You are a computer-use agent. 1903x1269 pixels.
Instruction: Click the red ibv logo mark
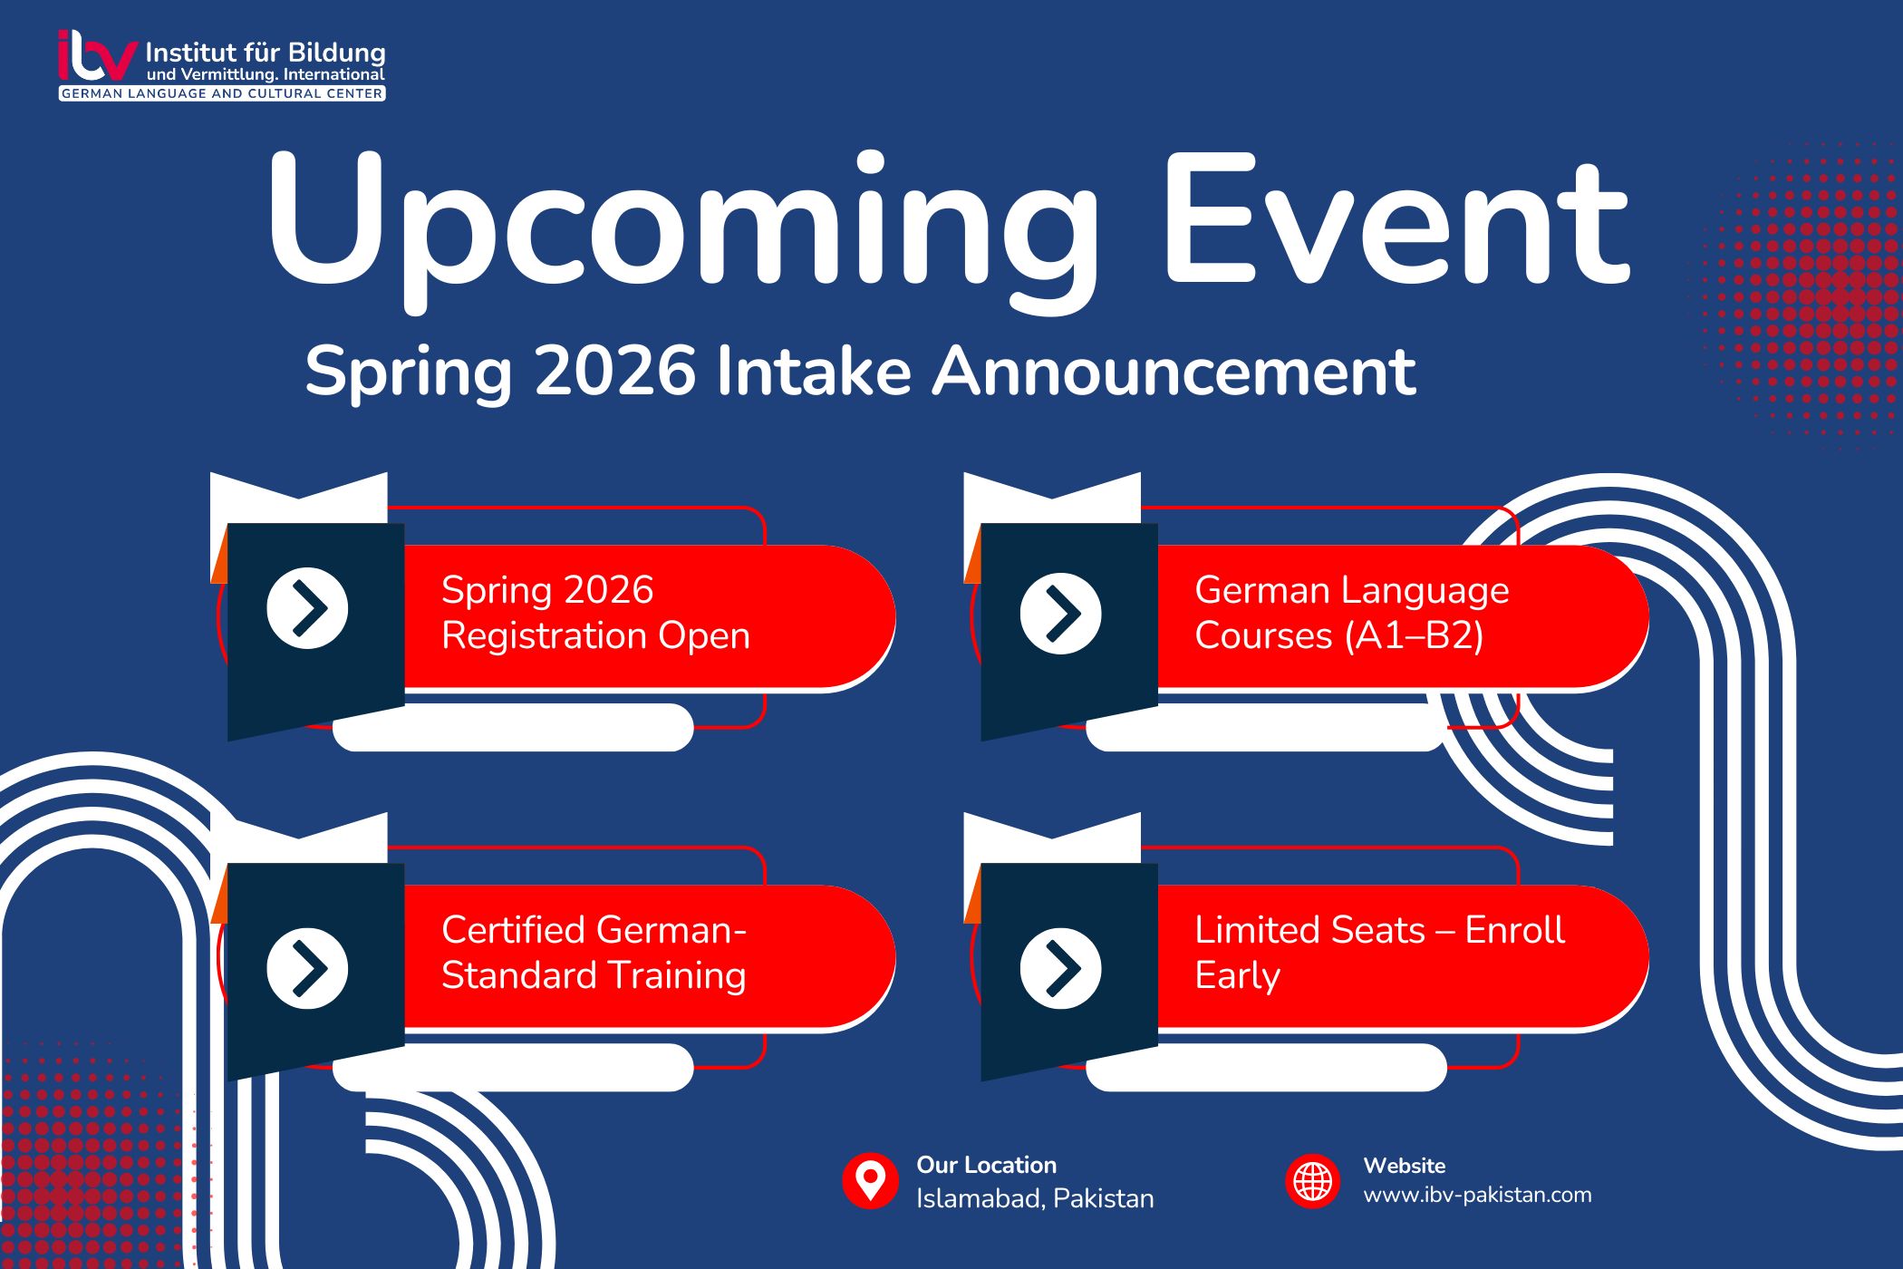(96, 57)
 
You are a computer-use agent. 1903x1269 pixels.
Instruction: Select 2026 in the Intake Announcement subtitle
(615, 371)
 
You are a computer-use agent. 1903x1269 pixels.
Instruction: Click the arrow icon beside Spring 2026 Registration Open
(307, 608)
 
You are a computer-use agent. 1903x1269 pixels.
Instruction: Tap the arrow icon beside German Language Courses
(1060, 614)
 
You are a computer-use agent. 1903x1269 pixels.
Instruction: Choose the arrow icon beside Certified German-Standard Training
(307, 968)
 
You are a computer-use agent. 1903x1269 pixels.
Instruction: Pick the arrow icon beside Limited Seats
(1060, 968)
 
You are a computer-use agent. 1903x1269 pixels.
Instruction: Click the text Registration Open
(595, 635)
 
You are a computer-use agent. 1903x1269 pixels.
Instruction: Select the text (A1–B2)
(1414, 635)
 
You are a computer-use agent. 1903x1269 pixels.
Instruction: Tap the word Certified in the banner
(513, 930)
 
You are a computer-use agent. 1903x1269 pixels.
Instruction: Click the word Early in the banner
(1237, 976)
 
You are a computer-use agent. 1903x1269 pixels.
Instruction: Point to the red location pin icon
(870, 1181)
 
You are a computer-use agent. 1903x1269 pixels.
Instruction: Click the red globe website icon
(1312, 1181)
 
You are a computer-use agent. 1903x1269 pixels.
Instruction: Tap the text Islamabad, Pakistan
(1034, 1198)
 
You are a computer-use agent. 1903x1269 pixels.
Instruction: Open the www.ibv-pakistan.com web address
(1477, 1195)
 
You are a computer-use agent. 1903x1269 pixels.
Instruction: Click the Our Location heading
(986, 1165)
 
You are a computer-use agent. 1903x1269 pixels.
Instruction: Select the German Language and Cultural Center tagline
(222, 93)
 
